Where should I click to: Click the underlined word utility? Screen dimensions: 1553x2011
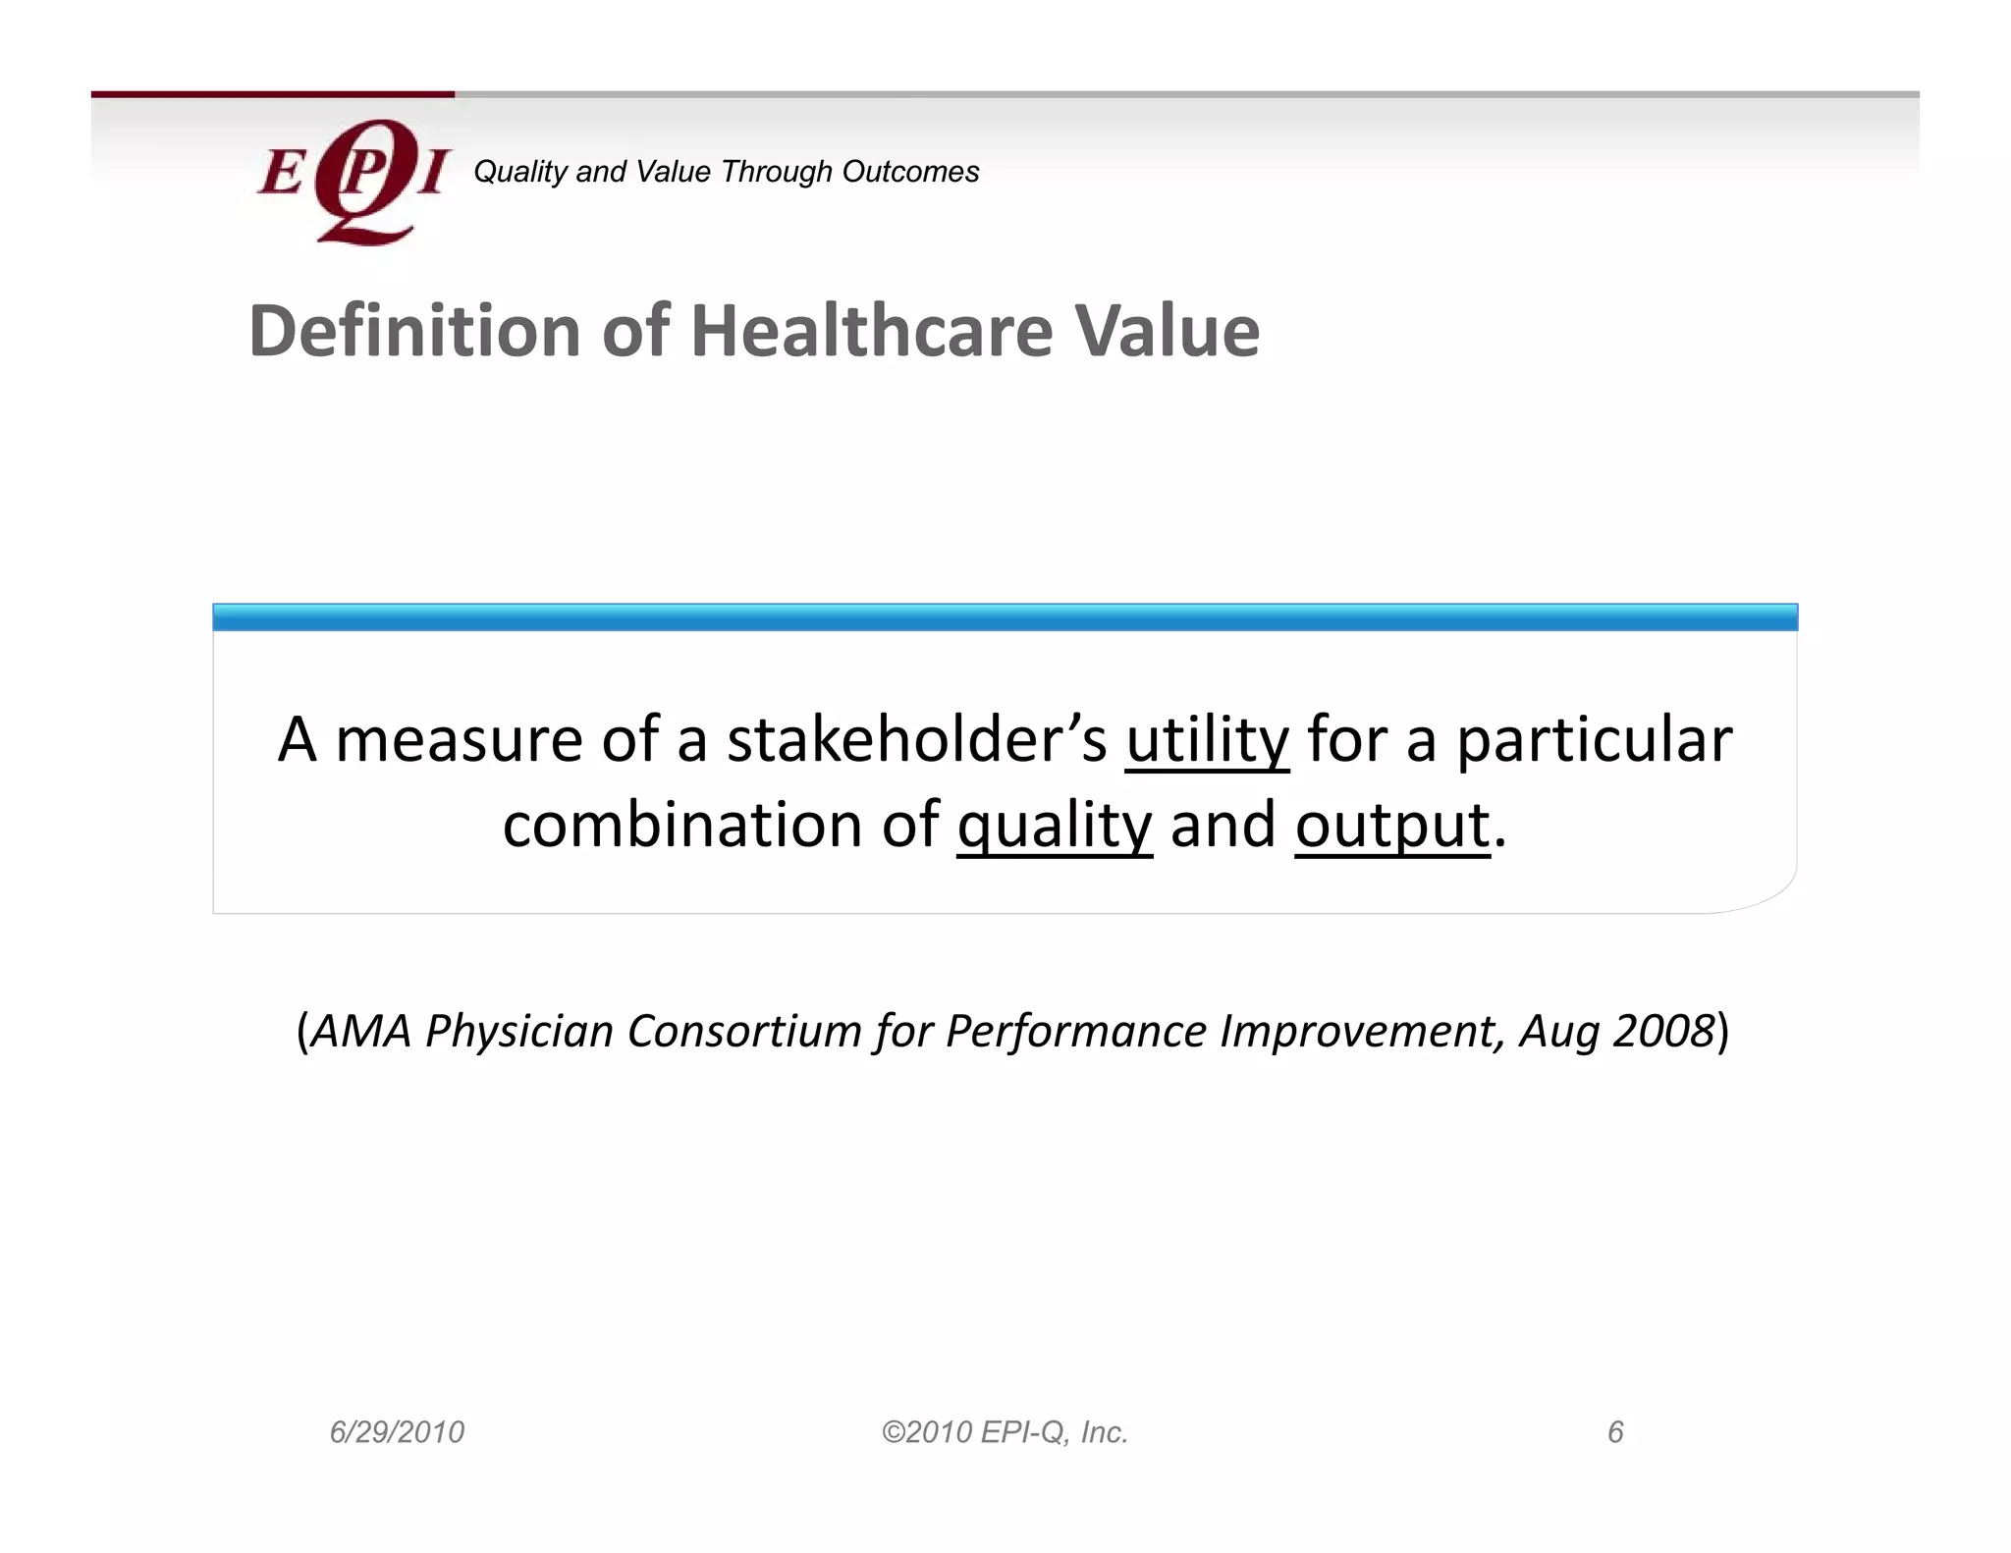pos(1207,740)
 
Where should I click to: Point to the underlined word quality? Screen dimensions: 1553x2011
pos(1055,826)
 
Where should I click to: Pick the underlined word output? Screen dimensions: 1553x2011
pos(1392,826)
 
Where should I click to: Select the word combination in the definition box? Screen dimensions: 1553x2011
pos(682,825)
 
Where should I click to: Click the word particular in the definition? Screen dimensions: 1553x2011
pos(1594,740)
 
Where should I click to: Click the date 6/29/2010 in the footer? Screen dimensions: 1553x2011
pos(397,1432)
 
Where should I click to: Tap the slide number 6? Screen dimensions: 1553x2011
pos(1615,1432)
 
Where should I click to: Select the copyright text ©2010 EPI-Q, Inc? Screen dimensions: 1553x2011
pos(1005,1432)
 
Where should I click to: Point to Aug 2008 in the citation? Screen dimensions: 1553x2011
pos(1616,1032)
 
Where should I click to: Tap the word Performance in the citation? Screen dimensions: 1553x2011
pos(1076,1032)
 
